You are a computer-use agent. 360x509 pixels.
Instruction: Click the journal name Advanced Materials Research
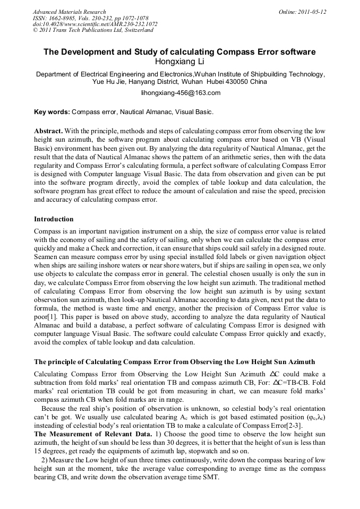point(69,12)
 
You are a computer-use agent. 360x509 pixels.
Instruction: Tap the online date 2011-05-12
point(310,12)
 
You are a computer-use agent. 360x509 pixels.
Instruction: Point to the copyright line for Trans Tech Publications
point(93,30)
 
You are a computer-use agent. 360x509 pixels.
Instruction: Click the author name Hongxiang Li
point(179,62)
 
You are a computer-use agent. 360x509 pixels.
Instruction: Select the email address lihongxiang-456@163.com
point(180,93)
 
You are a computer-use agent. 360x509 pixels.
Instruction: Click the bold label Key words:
point(52,112)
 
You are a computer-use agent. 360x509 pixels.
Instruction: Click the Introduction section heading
point(54,219)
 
